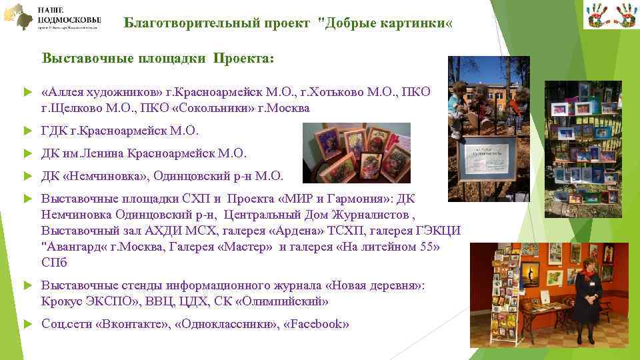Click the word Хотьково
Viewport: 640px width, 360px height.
[x=338, y=91]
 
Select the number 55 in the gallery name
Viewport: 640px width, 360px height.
[x=429, y=246]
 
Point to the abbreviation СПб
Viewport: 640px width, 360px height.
[x=54, y=262]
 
